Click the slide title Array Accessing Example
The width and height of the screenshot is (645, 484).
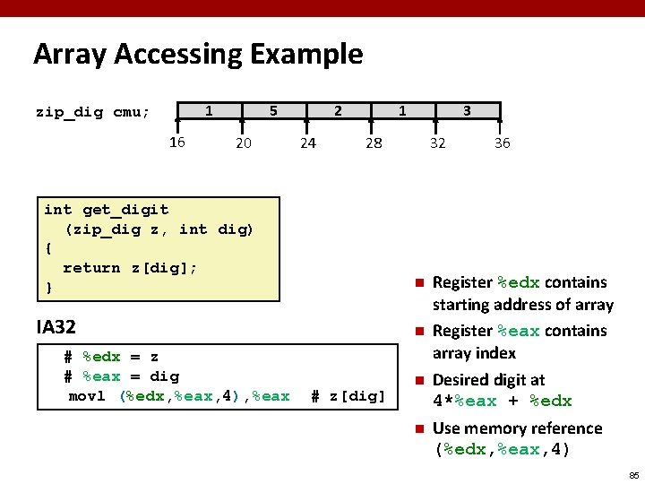(x=198, y=55)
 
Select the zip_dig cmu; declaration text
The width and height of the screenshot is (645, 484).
(x=93, y=112)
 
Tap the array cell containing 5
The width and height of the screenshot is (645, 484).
(x=273, y=111)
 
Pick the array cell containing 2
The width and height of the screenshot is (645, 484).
(x=338, y=111)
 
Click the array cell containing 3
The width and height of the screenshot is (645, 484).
(x=467, y=111)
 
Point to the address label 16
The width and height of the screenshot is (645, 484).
(x=176, y=142)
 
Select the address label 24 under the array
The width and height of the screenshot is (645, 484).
(x=307, y=143)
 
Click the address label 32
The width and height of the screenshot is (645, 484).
(x=437, y=143)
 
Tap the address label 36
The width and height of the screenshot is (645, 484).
(x=502, y=143)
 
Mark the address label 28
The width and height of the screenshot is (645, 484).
(x=373, y=143)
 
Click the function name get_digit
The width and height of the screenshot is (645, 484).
(x=125, y=210)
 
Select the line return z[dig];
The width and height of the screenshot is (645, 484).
(x=130, y=268)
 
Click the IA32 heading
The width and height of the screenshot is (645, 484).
(x=56, y=326)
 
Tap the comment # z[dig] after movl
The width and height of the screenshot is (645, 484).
(x=348, y=396)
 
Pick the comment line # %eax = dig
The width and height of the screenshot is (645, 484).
(x=122, y=376)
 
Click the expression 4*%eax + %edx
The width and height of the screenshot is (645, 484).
(x=502, y=401)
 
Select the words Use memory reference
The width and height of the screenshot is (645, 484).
(x=517, y=428)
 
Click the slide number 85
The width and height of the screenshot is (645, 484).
(x=633, y=474)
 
